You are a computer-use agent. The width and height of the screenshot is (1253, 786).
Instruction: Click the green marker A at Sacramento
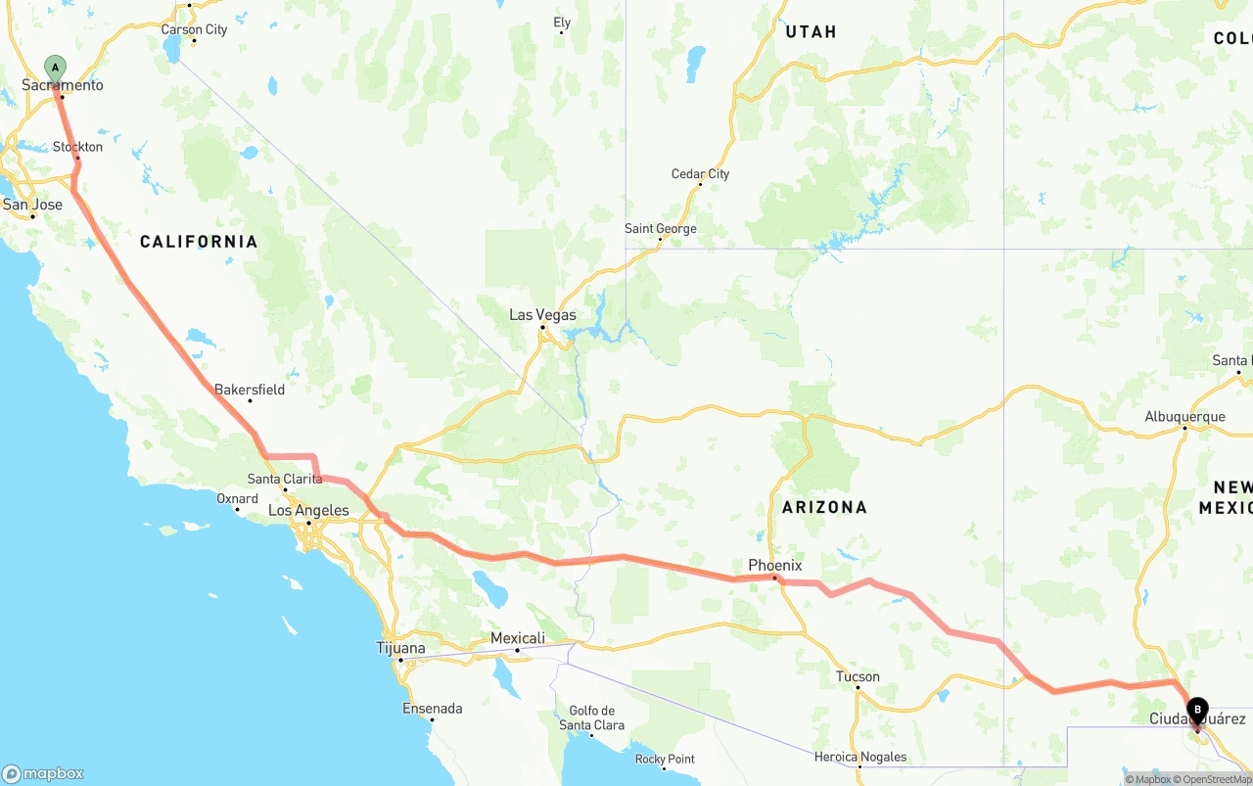tap(56, 69)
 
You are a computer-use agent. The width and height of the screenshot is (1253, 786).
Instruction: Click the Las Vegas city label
tap(542, 315)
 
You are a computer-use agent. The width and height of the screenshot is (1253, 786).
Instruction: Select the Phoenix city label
tap(775, 565)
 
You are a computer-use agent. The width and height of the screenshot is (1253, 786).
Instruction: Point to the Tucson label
tap(858, 676)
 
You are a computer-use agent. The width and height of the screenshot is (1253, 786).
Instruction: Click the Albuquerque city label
tap(1184, 417)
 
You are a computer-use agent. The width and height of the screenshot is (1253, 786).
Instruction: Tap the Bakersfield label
tap(250, 390)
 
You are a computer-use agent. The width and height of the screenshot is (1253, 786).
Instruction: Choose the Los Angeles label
tap(308, 510)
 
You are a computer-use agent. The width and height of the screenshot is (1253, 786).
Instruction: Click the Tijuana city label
tap(401, 648)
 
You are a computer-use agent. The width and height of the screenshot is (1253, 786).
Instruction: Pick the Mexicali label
tap(517, 638)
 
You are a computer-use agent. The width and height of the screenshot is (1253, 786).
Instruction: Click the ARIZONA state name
tap(824, 507)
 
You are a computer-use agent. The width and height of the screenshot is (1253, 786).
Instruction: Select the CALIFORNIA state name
tap(199, 242)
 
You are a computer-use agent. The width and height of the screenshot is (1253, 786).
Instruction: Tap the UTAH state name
tap(811, 32)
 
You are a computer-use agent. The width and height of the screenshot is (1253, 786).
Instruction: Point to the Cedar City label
tap(700, 174)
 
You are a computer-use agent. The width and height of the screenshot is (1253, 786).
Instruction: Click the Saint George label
tap(661, 229)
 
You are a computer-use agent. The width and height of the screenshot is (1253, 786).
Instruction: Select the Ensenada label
tap(433, 708)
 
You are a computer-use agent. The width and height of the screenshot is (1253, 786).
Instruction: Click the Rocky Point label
tap(665, 759)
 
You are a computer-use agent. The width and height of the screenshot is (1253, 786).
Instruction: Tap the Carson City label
tap(194, 29)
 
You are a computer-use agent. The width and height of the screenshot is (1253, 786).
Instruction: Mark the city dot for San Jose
tap(32, 215)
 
